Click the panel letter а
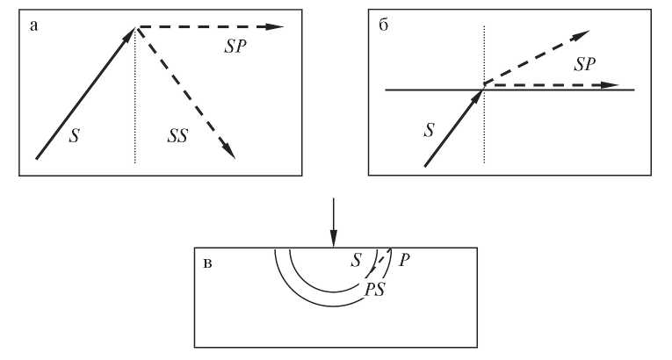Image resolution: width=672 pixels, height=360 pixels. (33, 26)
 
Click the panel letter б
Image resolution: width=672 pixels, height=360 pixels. (384, 25)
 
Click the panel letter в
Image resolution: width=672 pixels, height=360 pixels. (207, 263)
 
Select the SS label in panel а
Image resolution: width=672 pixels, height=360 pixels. (177, 136)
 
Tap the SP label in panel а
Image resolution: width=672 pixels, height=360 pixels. (235, 47)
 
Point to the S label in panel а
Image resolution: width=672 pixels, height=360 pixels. (74, 136)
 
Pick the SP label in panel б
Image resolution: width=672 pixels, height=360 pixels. (584, 64)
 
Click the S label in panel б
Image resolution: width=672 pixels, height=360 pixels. (429, 130)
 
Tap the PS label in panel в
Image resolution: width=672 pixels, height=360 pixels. (374, 290)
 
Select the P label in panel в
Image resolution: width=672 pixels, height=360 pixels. (404, 260)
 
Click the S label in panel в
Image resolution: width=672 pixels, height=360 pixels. (356, 260)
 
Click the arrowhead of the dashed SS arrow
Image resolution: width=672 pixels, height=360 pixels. (230, 152)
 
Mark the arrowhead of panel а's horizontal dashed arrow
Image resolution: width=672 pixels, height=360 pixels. (275, 27)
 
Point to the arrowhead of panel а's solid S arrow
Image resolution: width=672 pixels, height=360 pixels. (130, 34)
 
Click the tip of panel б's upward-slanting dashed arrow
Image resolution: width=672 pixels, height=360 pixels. (589, 31)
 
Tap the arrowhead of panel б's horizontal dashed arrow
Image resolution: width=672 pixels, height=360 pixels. (610, 85)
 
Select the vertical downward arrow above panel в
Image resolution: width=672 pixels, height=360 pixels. (334, 222)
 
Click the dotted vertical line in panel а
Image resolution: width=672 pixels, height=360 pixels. (135, 95)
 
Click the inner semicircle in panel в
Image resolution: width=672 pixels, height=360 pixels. (333, 292)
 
